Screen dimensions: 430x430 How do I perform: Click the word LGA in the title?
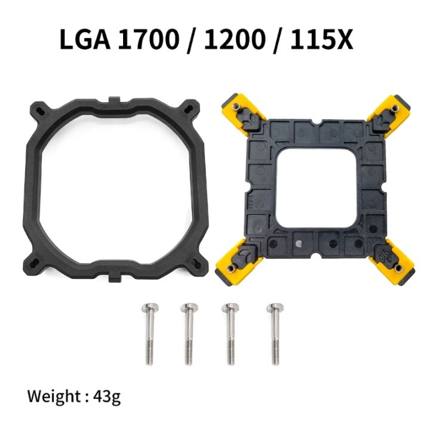[85, 39]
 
